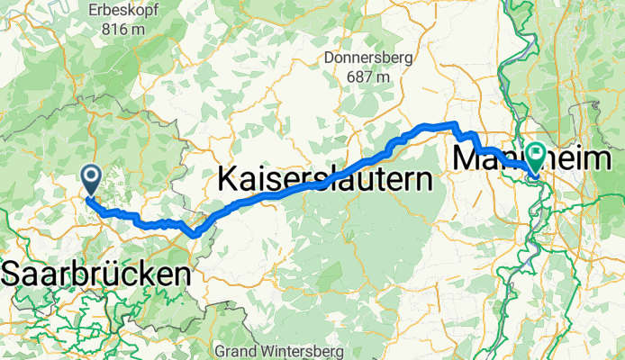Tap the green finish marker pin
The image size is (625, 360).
pos(536,158)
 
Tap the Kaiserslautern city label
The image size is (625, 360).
pos(325,179)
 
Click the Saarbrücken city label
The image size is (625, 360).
pos(98,274)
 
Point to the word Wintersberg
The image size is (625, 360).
pos(294,349)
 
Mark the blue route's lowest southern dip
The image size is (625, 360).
pos(194,235)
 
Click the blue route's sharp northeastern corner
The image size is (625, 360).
pos(456,124)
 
